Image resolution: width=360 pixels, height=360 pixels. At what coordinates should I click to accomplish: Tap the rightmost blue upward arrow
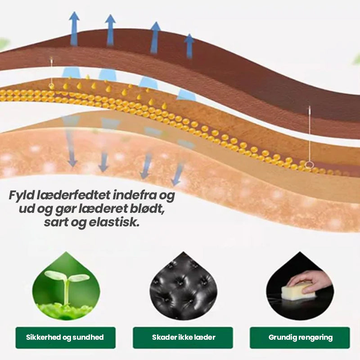coord(189,45)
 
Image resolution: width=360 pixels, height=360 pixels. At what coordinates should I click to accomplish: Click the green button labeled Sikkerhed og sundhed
coord(65,337)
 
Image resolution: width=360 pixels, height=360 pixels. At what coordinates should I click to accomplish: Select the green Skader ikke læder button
coord(183,337)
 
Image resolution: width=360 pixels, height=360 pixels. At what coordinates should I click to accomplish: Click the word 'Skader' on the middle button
coord(162,337)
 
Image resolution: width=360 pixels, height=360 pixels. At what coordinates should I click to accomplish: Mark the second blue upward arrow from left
coord(110,29)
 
